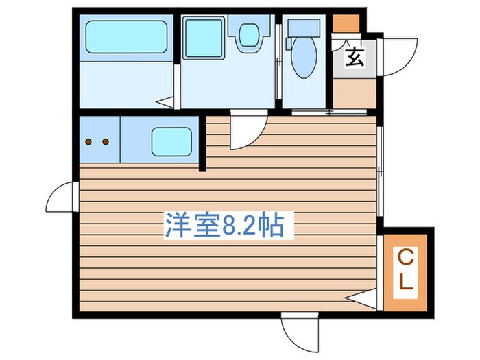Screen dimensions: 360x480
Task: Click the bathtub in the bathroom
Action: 127,37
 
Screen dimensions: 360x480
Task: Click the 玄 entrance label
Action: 354,57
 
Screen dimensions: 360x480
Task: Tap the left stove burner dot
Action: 90,143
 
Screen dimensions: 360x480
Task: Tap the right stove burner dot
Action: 105,143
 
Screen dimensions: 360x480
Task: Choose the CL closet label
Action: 406,270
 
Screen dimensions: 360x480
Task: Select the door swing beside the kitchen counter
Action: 245,132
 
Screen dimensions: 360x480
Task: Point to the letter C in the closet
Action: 406,259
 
